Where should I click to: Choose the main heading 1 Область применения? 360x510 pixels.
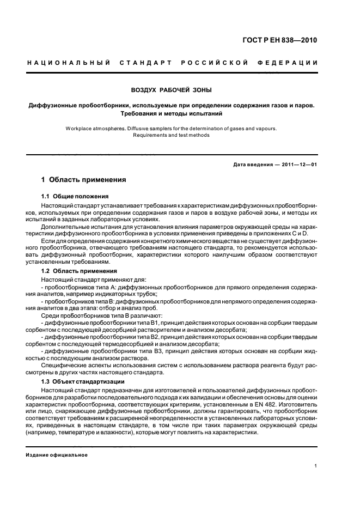[x=84, y=179]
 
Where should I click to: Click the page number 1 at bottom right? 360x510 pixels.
[x=315, y=466]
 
